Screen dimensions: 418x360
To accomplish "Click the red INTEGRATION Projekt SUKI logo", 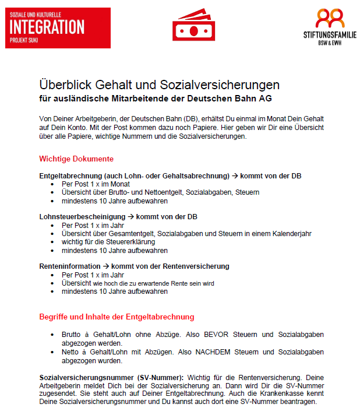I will (x=57, y=27).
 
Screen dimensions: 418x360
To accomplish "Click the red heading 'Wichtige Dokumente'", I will (x=76, y=159).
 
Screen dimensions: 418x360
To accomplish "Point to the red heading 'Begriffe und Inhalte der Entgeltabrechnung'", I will (x=117, y=317).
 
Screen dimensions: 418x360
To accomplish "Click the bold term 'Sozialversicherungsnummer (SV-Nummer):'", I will (x=111, y=377).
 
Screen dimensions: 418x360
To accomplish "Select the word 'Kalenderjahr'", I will (x=291, y=233).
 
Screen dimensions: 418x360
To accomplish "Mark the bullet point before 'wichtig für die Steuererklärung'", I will (x=54, y=241).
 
